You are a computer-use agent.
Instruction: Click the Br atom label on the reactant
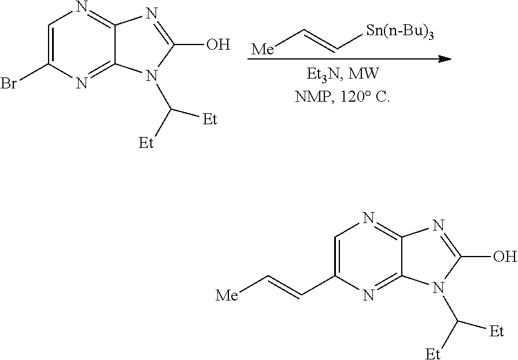click(9, 84)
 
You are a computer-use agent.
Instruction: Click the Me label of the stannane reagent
click(262, 50)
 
